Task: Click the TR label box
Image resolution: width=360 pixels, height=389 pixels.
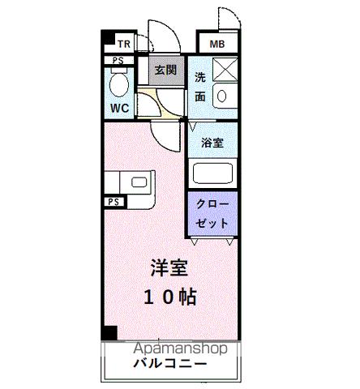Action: pos(125,44)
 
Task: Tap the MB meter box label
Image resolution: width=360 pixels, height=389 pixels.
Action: pos(217,44)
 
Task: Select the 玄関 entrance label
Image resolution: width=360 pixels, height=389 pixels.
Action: pos(165,70)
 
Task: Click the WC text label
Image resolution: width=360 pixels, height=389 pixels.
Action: pos(118,106)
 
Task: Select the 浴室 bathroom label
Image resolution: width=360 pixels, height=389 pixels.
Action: pos(213,142)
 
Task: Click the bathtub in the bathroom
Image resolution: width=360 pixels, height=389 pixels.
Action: pos(212,173)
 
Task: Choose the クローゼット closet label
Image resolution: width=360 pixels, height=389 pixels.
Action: pos(212,212)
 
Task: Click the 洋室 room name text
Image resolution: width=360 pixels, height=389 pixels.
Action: pos(169,268)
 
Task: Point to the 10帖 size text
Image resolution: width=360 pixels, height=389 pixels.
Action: pos(170,297)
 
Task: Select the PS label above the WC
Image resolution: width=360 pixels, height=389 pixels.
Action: pos(118,60)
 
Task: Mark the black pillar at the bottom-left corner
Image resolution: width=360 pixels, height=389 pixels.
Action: pos(109,332)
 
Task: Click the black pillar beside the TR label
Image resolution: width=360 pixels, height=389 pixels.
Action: pos(107,38)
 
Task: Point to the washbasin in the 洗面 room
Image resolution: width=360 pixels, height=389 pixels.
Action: pos(224,98)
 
